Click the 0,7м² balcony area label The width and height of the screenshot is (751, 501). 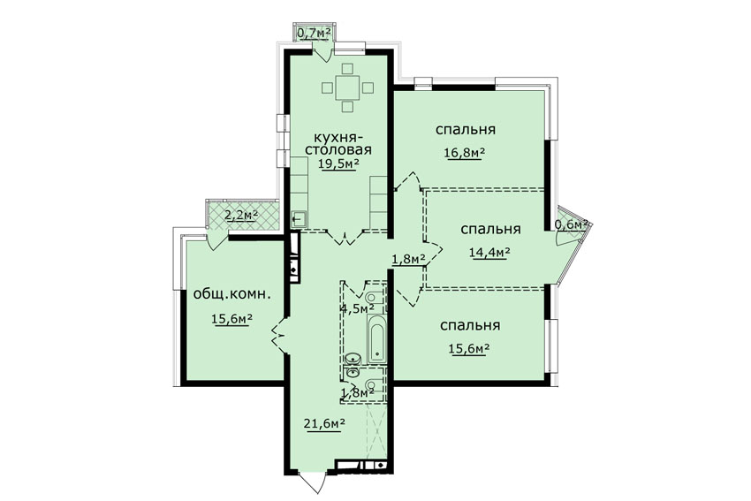[x=315, y=33]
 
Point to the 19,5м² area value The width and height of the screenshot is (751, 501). [x=338, y=163]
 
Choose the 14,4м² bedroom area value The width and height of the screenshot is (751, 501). [x=489, y=252]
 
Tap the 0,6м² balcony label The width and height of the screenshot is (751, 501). [x=571, y=224]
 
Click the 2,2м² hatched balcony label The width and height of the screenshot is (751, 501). [x=241, y=215]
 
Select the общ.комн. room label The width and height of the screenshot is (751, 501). [x=231, y=294]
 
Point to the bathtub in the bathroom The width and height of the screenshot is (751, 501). [x=376, y=338]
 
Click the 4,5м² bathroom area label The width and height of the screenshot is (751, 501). [x=357, y=307]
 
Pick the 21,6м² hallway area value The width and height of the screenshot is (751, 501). [x=324, y=423]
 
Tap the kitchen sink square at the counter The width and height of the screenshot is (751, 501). [x=299, y=219]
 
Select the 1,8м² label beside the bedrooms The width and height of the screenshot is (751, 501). [x=408, y=259]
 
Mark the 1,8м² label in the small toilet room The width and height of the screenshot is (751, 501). [x=357, y=392]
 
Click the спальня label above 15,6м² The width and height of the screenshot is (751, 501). [x=470, y=326]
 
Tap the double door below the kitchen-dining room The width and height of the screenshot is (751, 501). [x=345, y=237]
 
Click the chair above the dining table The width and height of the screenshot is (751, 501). [x=348, y=68]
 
